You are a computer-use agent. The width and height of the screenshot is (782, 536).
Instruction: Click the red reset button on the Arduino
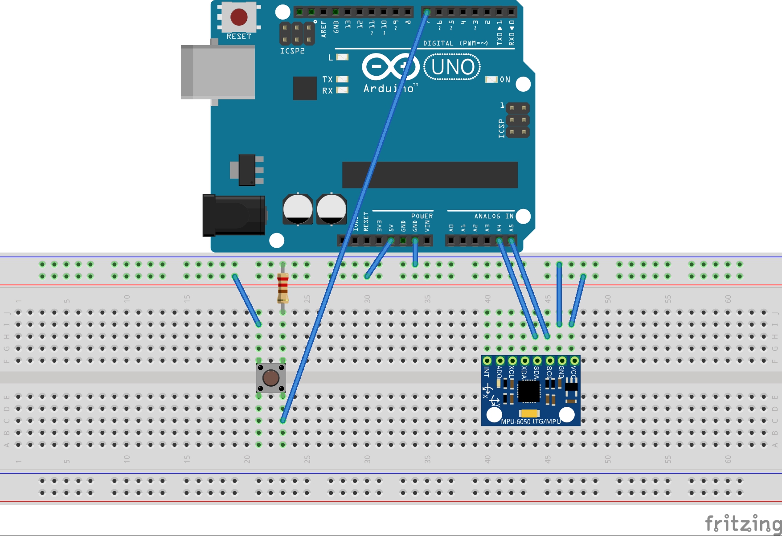[239, 17]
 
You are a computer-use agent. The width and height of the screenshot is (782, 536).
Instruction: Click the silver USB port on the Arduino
[218, 71]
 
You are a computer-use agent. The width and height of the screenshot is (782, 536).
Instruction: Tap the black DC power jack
[233, 215]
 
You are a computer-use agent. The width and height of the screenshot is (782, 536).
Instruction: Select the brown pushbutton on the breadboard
[271, 378]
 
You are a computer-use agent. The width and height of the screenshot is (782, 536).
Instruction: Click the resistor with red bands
[283, 288]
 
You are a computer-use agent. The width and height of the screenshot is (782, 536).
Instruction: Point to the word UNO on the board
[452, 67]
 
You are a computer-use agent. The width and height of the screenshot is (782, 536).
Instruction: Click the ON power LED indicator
[491, 79]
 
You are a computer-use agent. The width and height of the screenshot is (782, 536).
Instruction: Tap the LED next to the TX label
[342, 79]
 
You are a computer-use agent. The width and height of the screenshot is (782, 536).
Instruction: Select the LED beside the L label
[342, 57]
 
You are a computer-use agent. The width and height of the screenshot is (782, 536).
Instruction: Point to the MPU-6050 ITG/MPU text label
[531, 421]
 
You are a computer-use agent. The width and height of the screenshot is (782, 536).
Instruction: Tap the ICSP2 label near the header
[292, 51]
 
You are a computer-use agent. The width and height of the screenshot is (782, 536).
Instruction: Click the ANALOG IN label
[494, 216]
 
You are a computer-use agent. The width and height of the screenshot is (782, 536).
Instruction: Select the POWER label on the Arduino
[422, 216]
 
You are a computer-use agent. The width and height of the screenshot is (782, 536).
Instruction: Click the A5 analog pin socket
[511, 241]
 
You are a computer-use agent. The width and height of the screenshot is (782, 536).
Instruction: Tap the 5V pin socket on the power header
[391, 241]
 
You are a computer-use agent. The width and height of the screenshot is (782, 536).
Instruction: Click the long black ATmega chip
[430, 175]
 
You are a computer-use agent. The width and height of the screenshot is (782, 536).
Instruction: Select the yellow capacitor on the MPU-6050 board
[529, 413]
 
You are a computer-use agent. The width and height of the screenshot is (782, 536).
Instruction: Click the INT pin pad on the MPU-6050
[487, 360]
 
